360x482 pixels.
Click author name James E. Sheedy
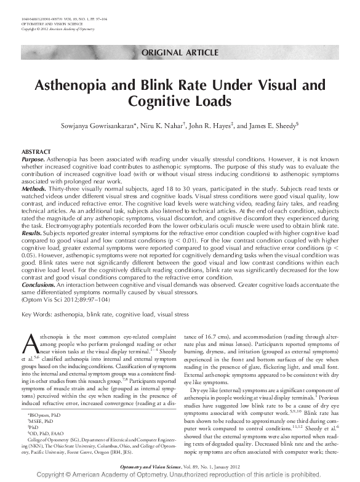pyautogui.click(x=273, y=125)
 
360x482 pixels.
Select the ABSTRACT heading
pyautogui.click(x=36, y=151)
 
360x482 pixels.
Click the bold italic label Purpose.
pyautogui.click(x=32, y=158)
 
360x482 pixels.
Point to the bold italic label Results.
pyautogui.click(x=31, y=234)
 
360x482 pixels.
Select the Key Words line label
pyautogui.click(x=36, y=315)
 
